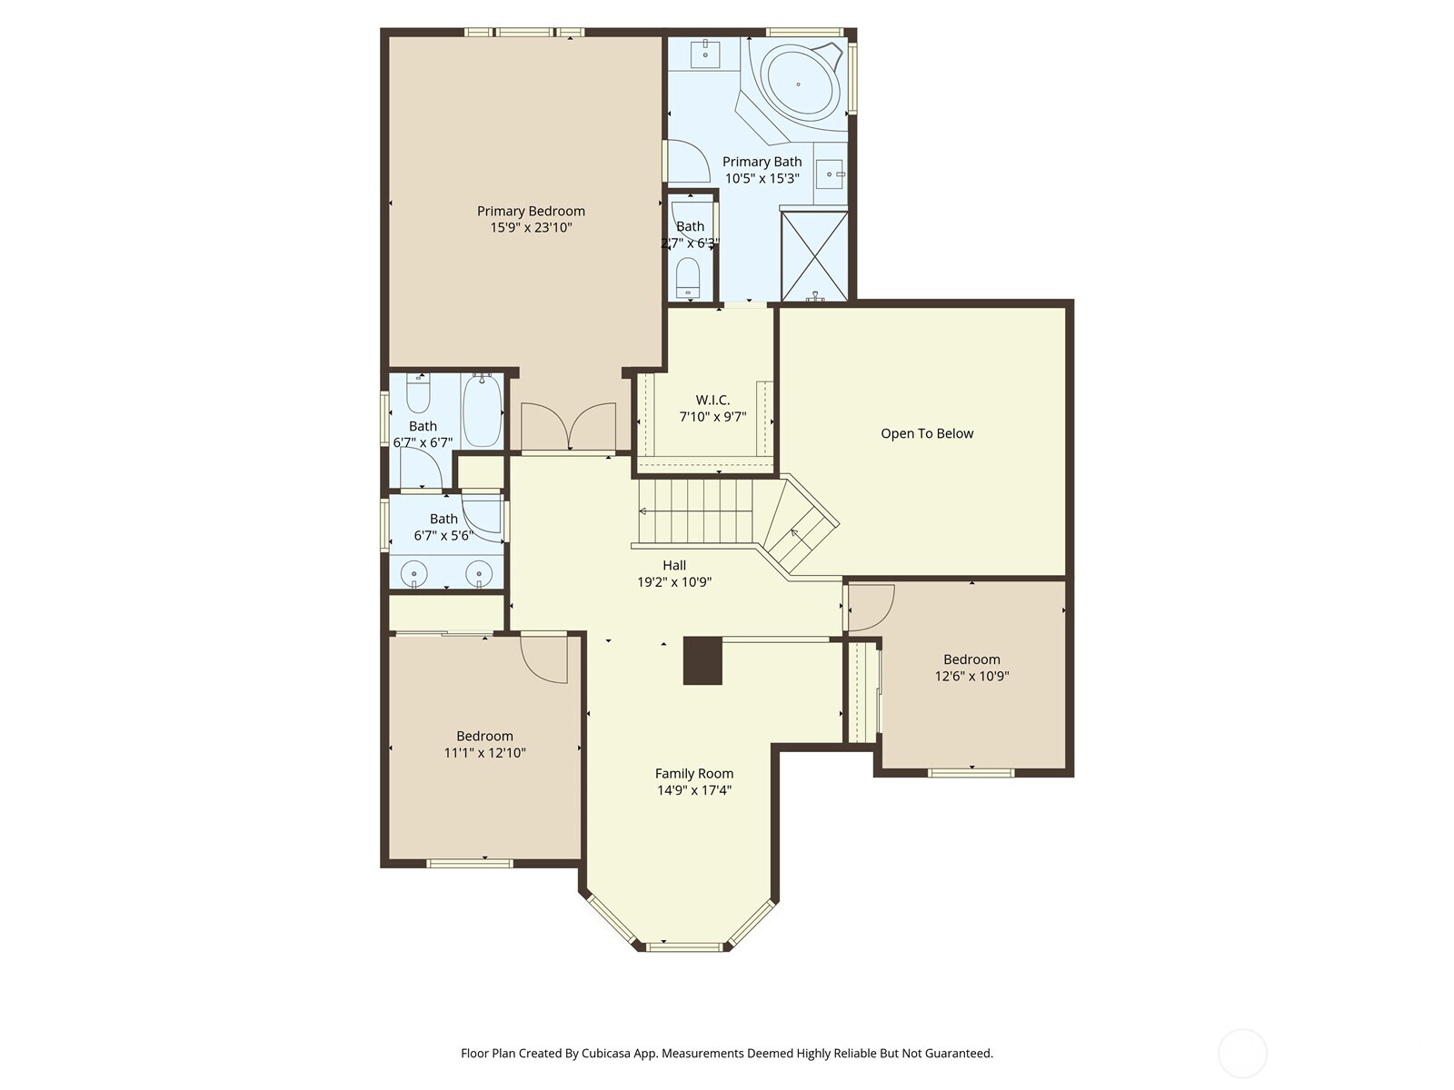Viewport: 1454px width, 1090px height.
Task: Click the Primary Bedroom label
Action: tap(531, 211)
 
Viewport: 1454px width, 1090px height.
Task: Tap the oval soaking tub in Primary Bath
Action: tap(799, 83)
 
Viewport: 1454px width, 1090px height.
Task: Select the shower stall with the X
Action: tap(815, 255)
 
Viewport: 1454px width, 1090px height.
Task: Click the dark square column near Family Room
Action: tap(702, 660)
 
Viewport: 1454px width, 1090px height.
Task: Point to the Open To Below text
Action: tap(926, 433)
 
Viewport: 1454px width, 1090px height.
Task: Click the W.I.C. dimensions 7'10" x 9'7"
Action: tap(712, 417)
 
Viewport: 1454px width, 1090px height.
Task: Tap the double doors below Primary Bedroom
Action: tap(568, 427)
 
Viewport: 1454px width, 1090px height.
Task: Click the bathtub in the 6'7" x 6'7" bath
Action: tap(482, 411)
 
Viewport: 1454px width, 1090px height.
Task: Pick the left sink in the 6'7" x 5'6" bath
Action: tap(414, 574)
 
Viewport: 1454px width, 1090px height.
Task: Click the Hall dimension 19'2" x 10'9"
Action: tap(673, 582)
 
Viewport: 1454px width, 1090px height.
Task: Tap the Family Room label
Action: tap(693, 774)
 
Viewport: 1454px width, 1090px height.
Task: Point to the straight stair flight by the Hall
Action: tap(696, 510)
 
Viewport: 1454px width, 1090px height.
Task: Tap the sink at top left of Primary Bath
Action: tap(706, 54)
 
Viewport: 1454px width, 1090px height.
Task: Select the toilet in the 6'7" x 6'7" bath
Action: tap(417, 395)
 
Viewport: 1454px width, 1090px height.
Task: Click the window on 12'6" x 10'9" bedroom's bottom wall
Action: tap(971, 773)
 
